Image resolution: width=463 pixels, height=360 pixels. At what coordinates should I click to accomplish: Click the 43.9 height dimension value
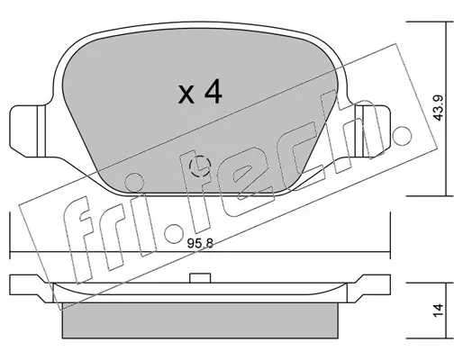[x=439, y=108]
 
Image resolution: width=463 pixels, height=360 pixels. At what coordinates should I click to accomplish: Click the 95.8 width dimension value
[x=200, y=243]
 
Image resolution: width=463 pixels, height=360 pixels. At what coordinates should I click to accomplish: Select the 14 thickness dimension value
[x=439, y=310]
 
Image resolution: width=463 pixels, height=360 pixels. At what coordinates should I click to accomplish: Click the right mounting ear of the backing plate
[x=372, y=130]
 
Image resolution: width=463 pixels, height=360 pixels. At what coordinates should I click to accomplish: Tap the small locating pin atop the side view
[x=200, y=278]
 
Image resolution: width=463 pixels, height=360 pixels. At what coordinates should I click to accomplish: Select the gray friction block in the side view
[x=200, y=320]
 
